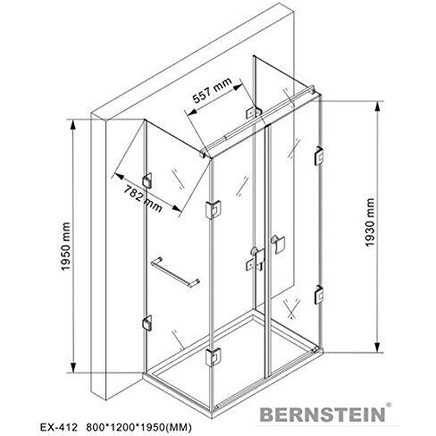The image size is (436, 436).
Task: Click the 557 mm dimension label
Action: click(212, 90)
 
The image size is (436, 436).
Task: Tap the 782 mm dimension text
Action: click(143, 198)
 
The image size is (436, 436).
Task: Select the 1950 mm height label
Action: click(66, 247)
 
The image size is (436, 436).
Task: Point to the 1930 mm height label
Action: click(370, 222)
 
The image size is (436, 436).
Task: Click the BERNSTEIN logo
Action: click(323, 415)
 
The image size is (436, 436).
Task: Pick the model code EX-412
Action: click(58, 427)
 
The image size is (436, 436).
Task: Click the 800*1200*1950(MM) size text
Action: click(138, 427)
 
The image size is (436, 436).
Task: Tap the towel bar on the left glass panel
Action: click(175, 272)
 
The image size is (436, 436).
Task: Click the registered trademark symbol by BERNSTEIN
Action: click(389, 405)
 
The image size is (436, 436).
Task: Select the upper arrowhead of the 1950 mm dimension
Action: click(72, 127)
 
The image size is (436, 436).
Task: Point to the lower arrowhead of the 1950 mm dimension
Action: click(73, 366)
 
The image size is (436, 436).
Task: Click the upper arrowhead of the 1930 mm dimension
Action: click(378, 108)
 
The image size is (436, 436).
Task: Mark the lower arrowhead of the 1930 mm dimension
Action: click(378, 346)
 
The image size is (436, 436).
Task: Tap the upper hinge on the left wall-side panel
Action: click(147, 180)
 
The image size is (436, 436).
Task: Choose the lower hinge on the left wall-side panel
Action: click(147, 323)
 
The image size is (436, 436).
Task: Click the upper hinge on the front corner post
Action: click(214, 209)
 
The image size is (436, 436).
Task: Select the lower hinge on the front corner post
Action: click(214, 357)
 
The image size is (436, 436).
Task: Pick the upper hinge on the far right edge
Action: click(319, 155)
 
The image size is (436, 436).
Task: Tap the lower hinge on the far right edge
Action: click(319, 295)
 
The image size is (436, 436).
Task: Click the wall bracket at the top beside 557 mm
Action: click(252, 113)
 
